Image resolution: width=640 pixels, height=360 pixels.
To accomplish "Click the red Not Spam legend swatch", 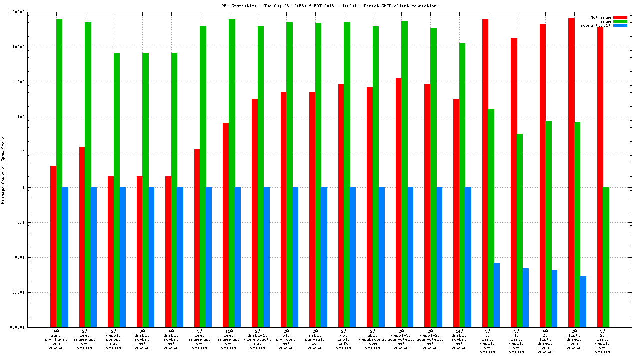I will (x=620, y=17).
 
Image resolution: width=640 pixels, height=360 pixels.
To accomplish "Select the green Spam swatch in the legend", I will (x=620, y=21).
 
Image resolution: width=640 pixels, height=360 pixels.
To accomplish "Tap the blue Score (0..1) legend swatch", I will (x=620, y=25).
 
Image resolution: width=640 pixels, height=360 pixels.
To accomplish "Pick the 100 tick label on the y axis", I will (x=41, y=117).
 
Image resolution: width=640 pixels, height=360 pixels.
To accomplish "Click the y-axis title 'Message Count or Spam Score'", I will (x=3, y=170).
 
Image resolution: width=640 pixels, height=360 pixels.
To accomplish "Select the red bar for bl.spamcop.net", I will (x=284, y=209).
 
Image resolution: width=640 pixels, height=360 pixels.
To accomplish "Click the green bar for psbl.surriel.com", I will (x=318, y=175).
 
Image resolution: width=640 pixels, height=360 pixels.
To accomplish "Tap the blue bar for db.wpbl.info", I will (x=353, y=257).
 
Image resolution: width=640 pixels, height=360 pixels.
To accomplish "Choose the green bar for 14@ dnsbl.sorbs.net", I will (x=462, y=185).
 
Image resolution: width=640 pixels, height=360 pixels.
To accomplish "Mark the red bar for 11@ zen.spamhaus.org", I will (x=226, y=225).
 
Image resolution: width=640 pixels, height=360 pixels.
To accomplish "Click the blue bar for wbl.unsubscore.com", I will (x=382, y=257).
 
